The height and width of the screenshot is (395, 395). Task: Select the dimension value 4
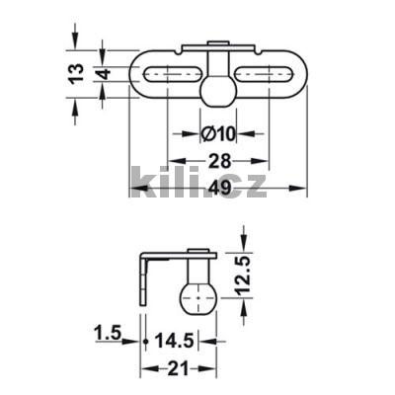pyautogui.click(x=102, y=74)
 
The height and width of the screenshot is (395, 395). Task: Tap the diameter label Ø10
pyautogui.click(x=218, y=133)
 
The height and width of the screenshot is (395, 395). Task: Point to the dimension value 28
pyautogui.click(x=218, y=160)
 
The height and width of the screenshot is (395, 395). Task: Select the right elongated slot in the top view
pyautogui.click(x=267, y=74)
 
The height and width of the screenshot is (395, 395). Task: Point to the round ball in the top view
pyautogui.click(x=217, y=92)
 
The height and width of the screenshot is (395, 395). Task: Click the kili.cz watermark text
pyautogui.click(x=197, y=185)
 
